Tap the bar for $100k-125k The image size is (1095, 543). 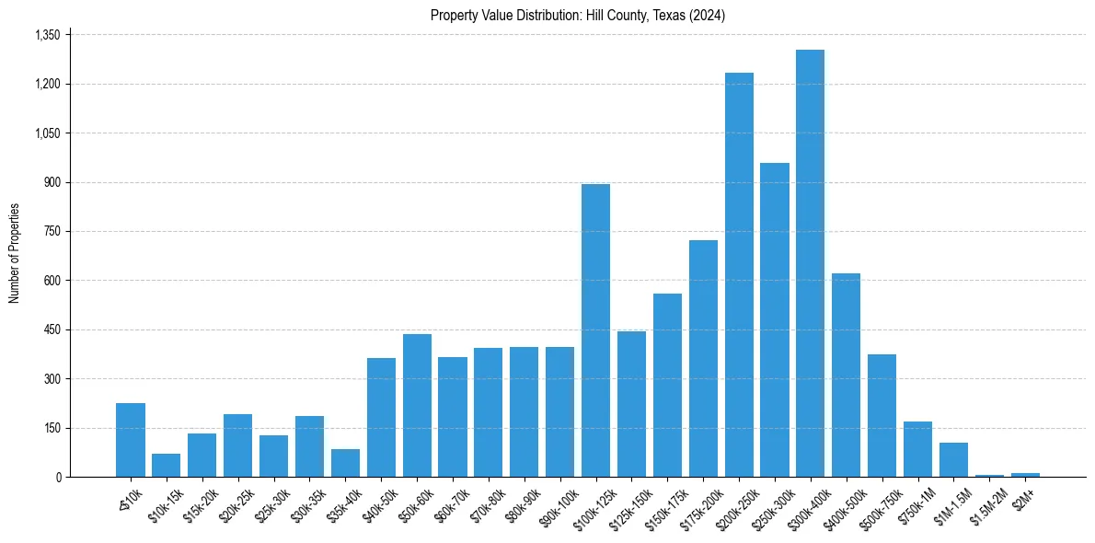tap(595, 330)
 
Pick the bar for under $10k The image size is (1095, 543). tap(131, 440)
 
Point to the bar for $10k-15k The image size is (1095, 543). tap(166, 465)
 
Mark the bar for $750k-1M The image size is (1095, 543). tap(917, 449)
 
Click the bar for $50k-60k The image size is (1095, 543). tap(417, 405)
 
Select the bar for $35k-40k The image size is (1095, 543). tap(345, 463)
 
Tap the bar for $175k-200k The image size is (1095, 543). tap(703, 358)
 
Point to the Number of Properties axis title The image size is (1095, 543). tap(15, 253)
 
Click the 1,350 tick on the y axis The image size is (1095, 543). tap(46, 35)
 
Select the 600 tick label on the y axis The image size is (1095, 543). tap(52, 281)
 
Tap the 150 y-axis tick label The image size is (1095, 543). tap(52, 428)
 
